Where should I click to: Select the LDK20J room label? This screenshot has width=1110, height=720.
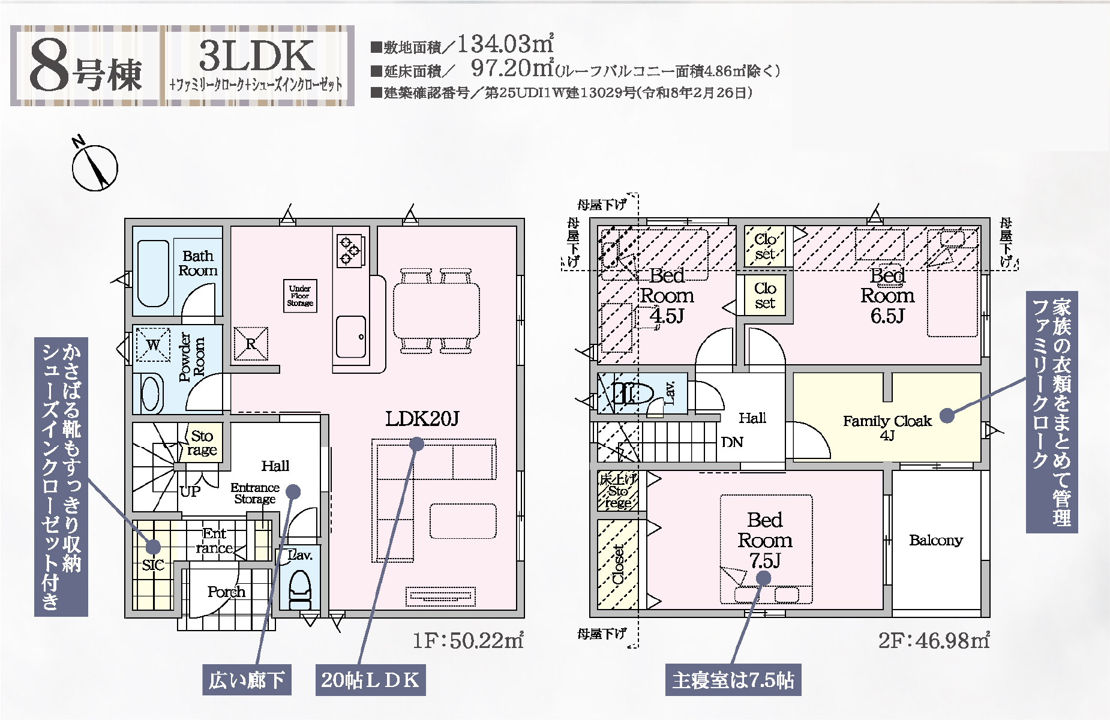click(422, 418)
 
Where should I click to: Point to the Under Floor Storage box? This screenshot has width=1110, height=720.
click(299, 295)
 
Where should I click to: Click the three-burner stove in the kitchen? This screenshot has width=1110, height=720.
click(350, 250)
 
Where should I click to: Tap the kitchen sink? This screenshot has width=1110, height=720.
click(350, 336)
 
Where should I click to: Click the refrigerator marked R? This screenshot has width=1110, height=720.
click(251, 344)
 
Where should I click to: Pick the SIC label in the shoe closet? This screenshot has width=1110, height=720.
click(153, 565)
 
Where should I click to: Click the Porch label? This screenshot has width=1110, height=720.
click(226, 592)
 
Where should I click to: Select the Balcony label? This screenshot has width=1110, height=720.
click(936, 540)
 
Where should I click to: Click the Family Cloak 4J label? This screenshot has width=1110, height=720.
click(887, 428)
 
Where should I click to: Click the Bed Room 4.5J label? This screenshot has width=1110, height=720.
click(667, 295)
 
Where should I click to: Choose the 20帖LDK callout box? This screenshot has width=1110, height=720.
click(370, 680)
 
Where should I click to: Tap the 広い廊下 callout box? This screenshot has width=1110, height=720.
click(246, 680)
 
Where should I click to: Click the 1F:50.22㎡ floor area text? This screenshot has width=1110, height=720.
click(468, 640)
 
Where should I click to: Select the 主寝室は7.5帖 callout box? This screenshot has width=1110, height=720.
click(733, 680)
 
